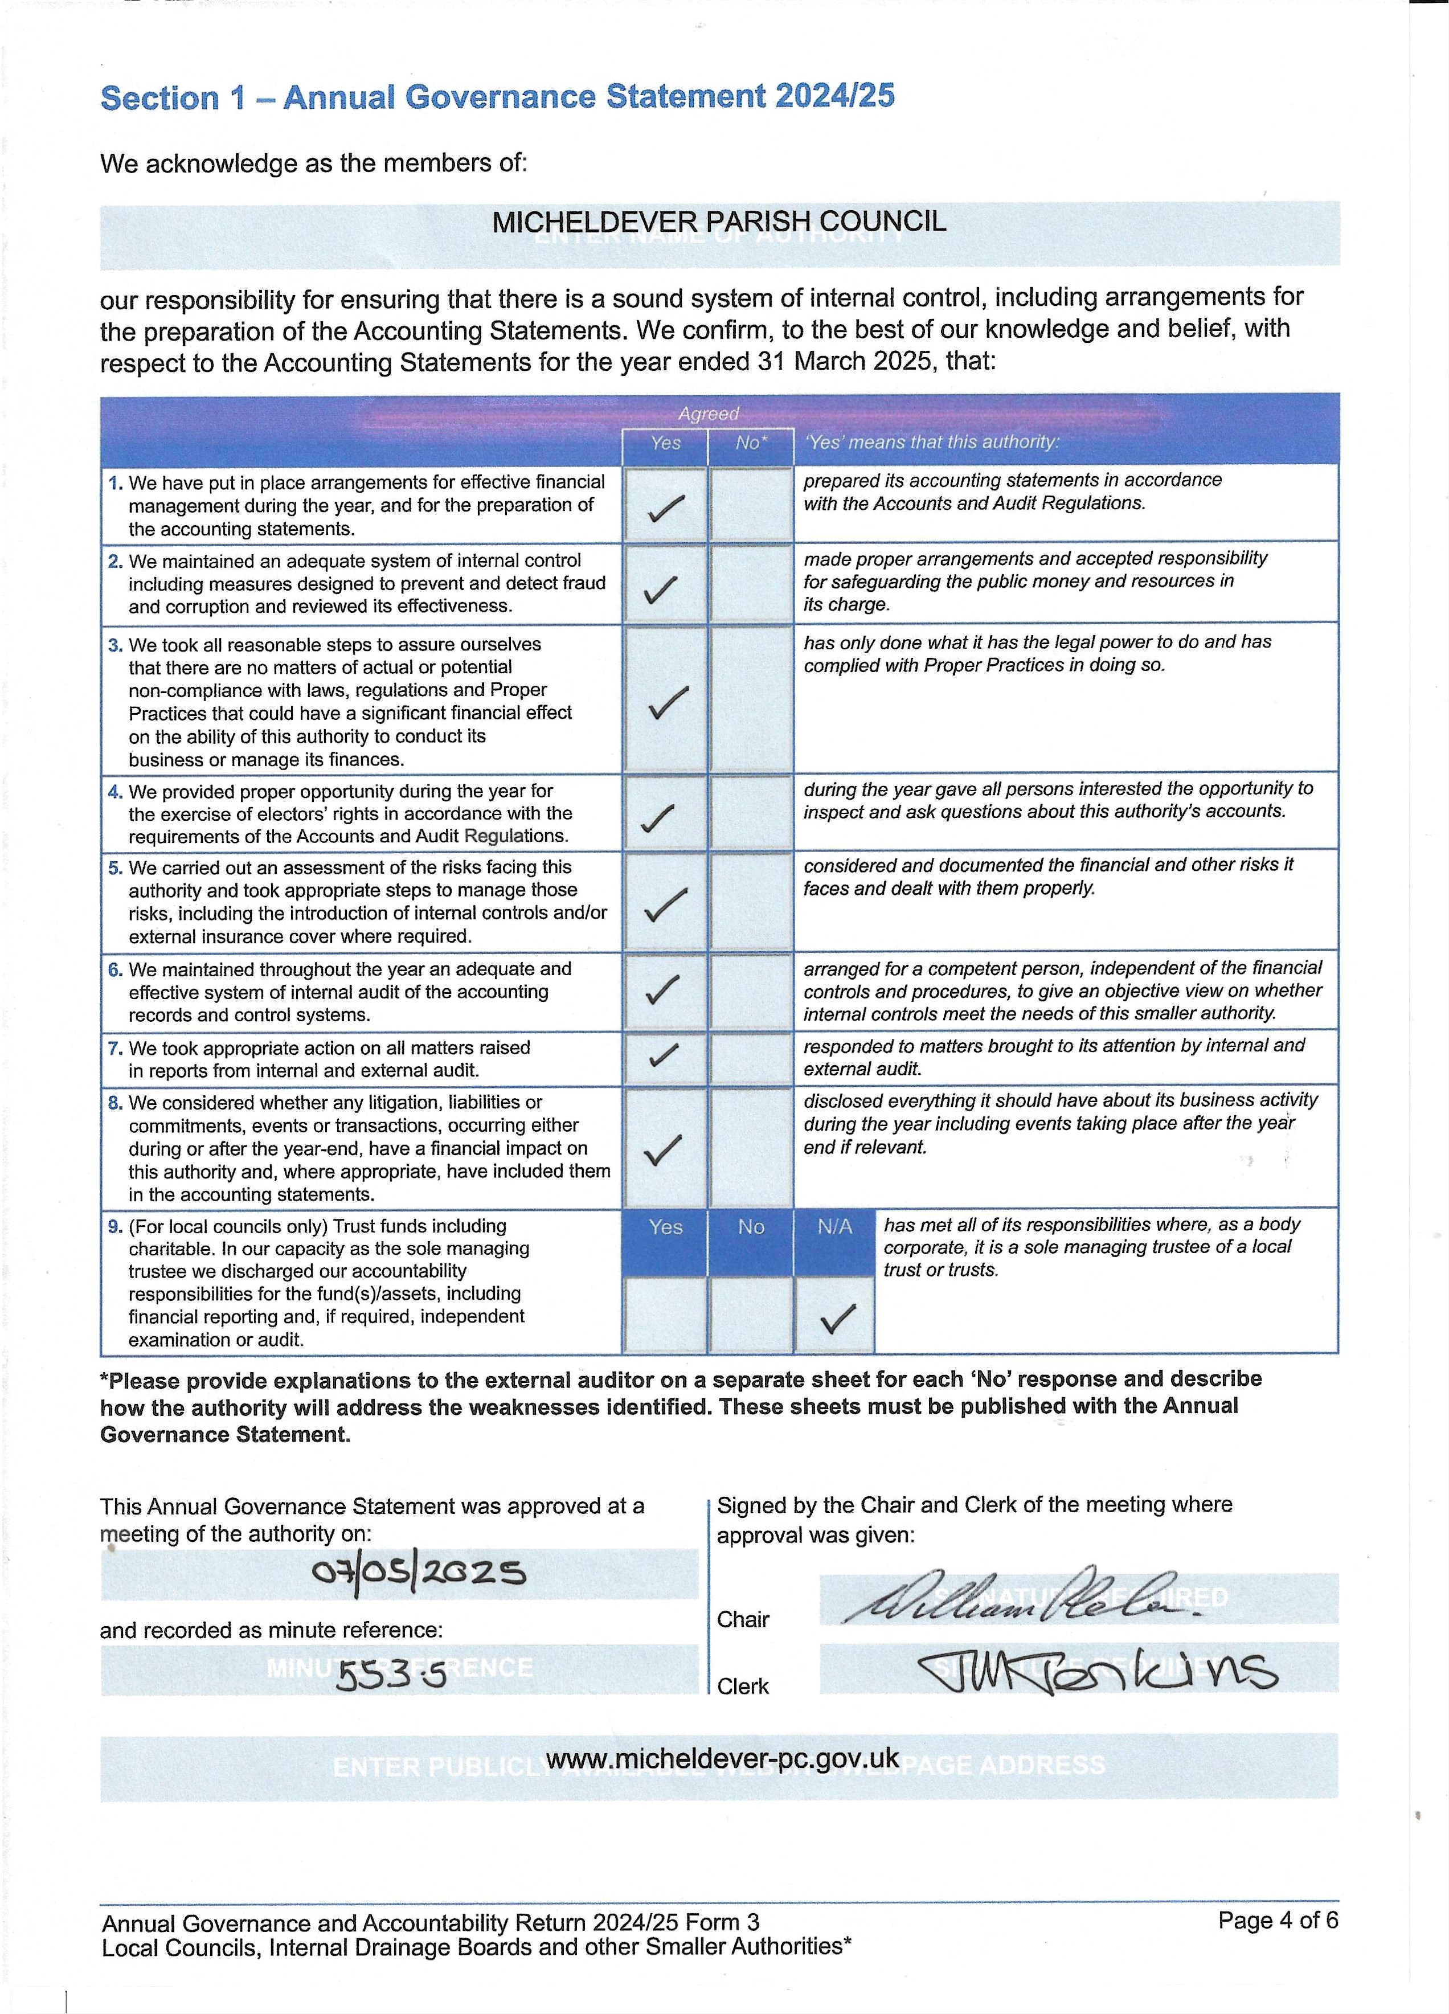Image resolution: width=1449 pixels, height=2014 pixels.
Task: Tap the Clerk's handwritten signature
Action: coord(1096,1671)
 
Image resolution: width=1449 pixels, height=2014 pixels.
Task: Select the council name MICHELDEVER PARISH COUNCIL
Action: coord(719,221)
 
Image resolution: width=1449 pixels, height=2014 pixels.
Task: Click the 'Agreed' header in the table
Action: coord(707,414)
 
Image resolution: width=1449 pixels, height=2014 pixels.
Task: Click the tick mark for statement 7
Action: coord(664,1055)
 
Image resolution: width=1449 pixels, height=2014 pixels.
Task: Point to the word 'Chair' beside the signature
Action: coord(743,1620)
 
